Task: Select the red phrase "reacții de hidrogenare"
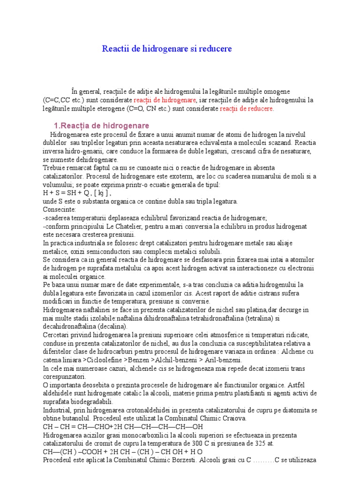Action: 165,100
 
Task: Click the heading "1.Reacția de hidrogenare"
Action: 102,126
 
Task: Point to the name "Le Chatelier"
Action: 121,226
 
